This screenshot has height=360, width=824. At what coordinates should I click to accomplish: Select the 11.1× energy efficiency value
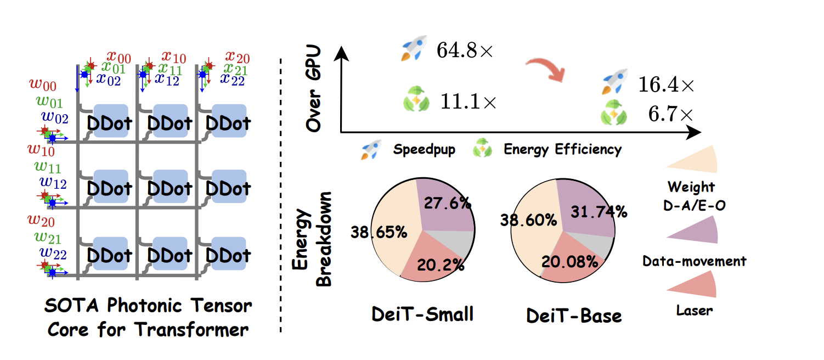tap(468, 102)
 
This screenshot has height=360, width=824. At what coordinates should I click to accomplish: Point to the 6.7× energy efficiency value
tap(669, 115)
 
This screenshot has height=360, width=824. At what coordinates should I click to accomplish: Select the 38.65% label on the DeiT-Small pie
tap(379, 232)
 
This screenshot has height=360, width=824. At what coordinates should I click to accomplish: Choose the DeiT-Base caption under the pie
tap(574, 316)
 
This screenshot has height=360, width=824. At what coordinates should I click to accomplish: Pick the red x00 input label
tap(118, 57)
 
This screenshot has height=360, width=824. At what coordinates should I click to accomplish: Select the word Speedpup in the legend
tap(424, 149)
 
